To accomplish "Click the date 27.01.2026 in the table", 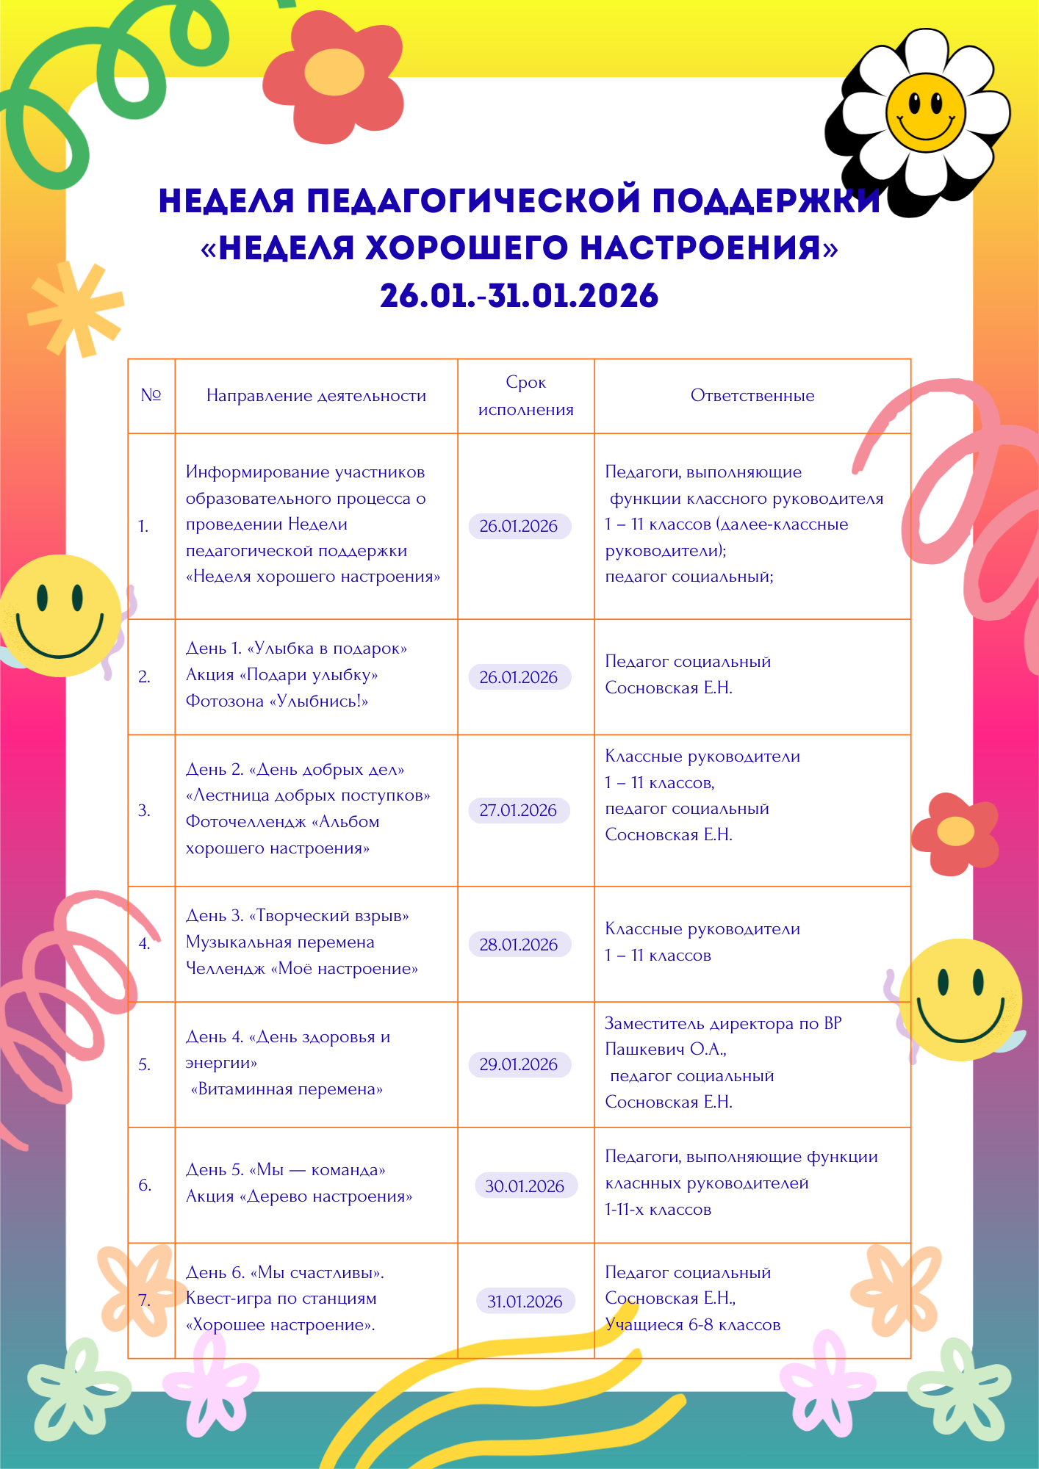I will (519, 810).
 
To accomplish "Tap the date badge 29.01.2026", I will (519, 1064).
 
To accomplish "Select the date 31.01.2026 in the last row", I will (525, 1302).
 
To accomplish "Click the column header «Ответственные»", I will (752, 396).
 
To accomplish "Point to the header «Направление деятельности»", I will (316, 396).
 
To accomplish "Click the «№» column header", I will (151, 396).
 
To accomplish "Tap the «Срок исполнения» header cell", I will (526, 396).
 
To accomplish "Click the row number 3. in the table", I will (144, 811).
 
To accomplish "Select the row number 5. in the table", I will (144, 1065).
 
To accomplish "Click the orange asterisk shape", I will (76, 309).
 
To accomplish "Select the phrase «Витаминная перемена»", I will (287, 1089).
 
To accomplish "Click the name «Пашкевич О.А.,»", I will (666, 1050).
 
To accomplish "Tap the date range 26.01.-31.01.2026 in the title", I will (519, 296).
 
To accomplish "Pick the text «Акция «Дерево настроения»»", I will (299, 1197).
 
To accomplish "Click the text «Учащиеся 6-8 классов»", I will (693, 1325).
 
